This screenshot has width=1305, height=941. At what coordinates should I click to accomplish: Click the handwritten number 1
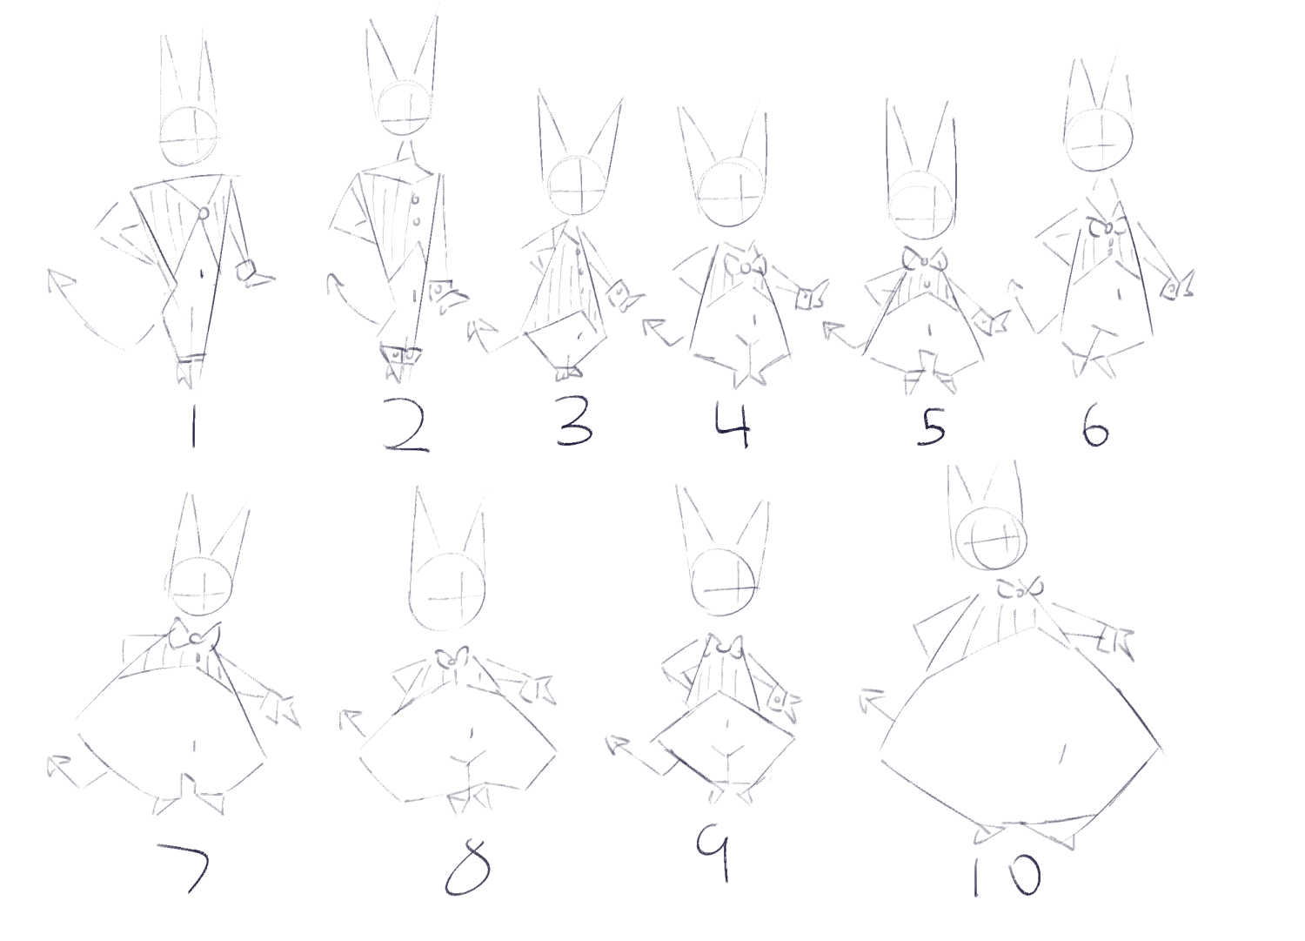pos(193,427)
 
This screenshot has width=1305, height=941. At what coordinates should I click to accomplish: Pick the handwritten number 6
pos(1096,427)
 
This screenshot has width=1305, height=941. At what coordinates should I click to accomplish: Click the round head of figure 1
pos(190,137)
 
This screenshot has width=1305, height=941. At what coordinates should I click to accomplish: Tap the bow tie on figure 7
pos(195,635)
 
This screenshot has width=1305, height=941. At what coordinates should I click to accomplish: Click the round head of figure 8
pos(447,592)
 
